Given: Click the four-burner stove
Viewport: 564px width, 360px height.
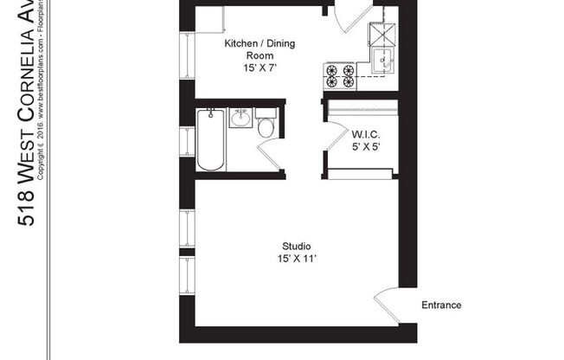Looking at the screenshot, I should tap(338, 75).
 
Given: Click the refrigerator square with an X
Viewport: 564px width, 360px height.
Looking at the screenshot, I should tap(382, 32).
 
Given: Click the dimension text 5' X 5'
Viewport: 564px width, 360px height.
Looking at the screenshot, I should tap(364, 146).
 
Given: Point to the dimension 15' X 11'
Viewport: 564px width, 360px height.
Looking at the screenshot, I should tap(296, 258).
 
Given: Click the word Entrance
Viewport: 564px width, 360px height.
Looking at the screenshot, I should tap(440, 305).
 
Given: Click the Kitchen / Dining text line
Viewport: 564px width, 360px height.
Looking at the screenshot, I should tap(253, 43).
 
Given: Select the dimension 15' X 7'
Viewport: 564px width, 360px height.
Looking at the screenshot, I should tap(253, 67).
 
